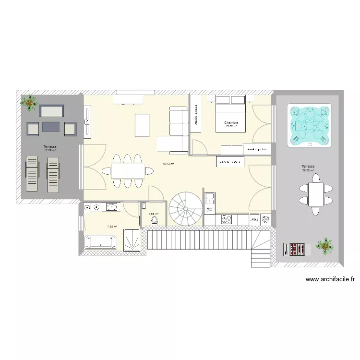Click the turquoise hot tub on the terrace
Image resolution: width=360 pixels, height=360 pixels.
pos(310,126)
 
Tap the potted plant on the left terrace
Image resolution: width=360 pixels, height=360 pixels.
pos(31,102)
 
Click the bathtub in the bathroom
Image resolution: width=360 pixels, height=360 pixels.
pos(100,242)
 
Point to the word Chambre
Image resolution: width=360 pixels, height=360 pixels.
pos(231,123)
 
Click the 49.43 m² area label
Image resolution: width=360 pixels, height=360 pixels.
pos(168,164)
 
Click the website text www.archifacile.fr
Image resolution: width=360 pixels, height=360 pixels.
pos(330,279)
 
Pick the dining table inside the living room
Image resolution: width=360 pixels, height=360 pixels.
pos(128,171)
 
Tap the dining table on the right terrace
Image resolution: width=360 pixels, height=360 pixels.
pos(315,194)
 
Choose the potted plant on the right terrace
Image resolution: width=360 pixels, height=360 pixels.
pos(325,245)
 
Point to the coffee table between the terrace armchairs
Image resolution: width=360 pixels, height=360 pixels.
pos(52,127)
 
